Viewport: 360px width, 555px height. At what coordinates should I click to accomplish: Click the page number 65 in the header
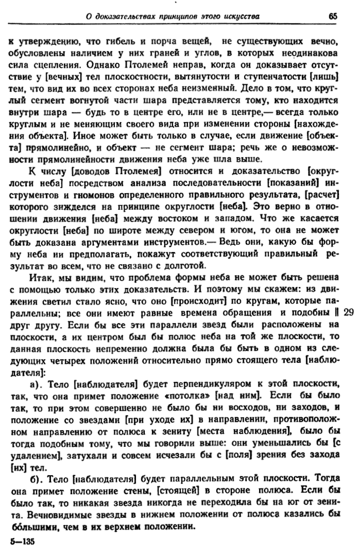[333, 16]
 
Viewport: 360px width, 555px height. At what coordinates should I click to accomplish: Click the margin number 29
[350, 312]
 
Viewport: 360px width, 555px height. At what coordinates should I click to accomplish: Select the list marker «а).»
[36, 385]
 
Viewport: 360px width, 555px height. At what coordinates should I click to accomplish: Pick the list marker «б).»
[36, 493]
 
